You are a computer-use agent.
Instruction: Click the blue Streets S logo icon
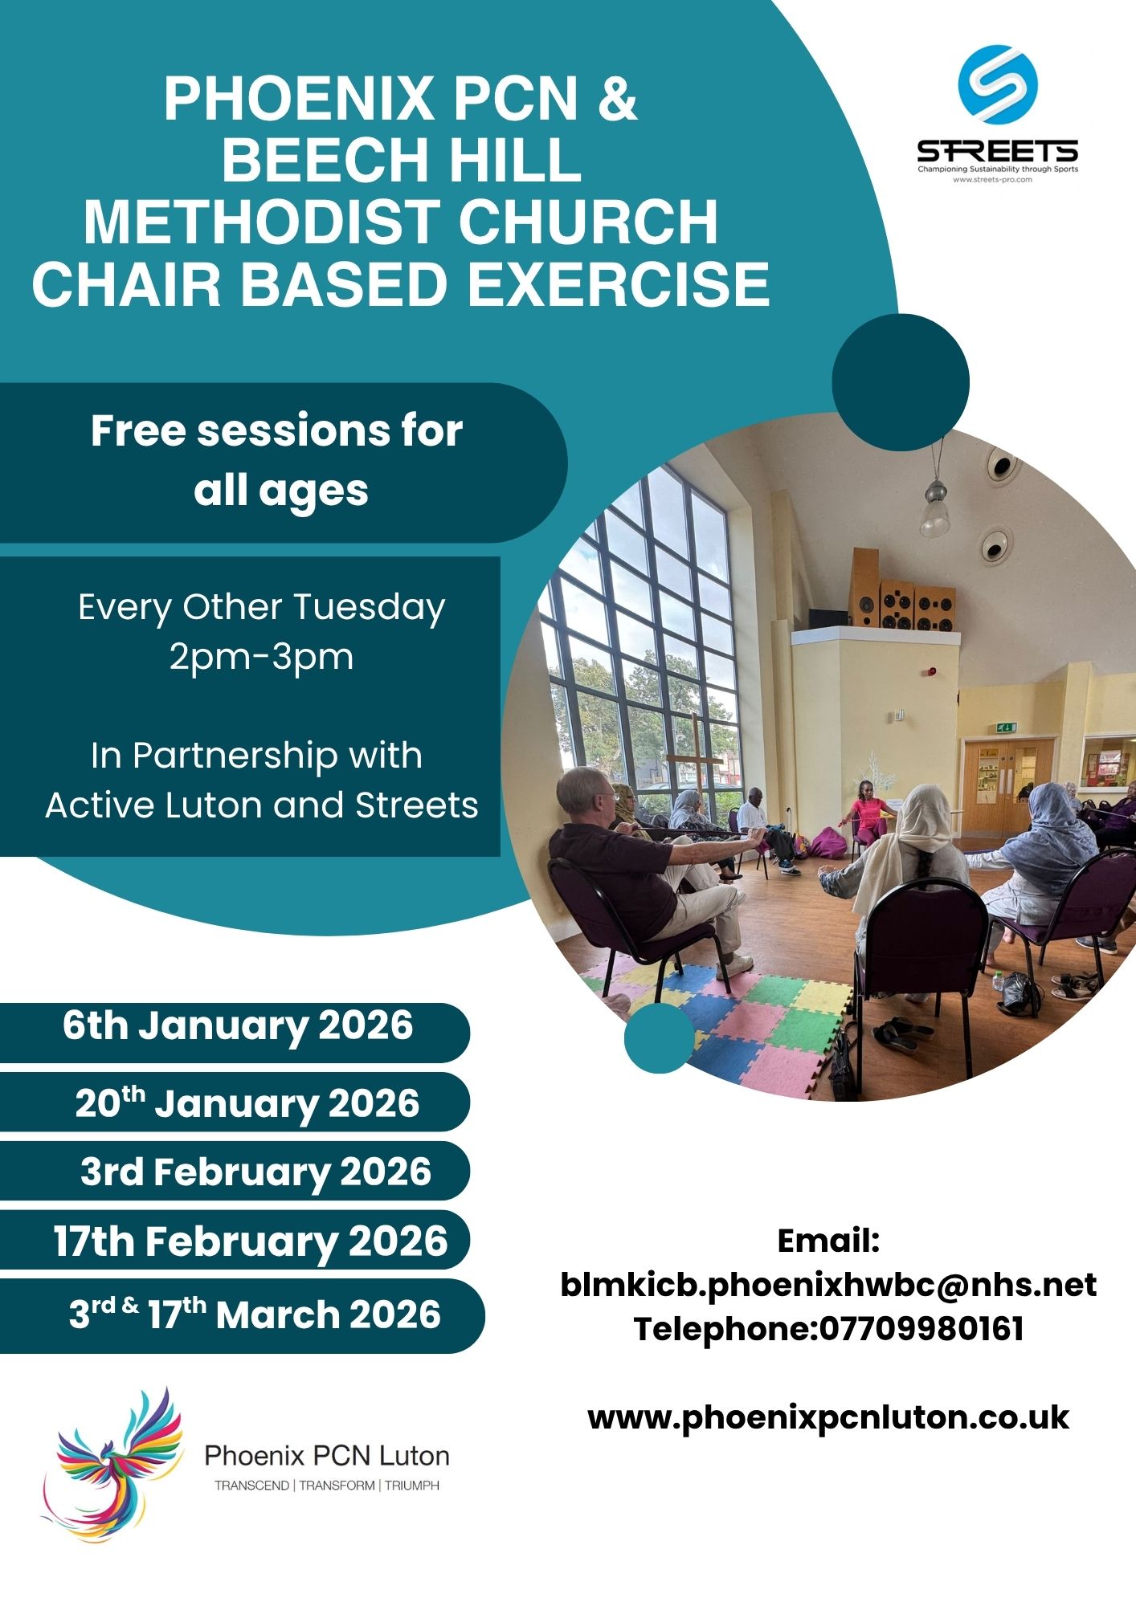[x=998, y=84]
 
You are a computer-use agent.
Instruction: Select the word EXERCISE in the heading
[x=619, y=284]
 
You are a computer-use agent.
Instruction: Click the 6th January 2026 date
[x=238, y=1026]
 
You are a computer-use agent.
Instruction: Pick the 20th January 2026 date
[x=247, y=1103]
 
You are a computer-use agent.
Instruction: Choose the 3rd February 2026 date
[x=256, y=1172]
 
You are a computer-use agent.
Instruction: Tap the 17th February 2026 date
[x=251, y=1241]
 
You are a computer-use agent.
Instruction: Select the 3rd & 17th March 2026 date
[x=255, y=1315]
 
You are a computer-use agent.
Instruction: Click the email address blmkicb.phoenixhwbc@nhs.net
[x=828, y=1286]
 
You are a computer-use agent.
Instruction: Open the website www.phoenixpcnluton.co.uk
[x=828, y=1418]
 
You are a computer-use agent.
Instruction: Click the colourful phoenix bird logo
[x=112, y=1464]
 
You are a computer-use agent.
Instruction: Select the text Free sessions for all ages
[x=277, y=461]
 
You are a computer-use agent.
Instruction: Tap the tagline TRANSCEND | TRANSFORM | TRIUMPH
[x=327, y=1486]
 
